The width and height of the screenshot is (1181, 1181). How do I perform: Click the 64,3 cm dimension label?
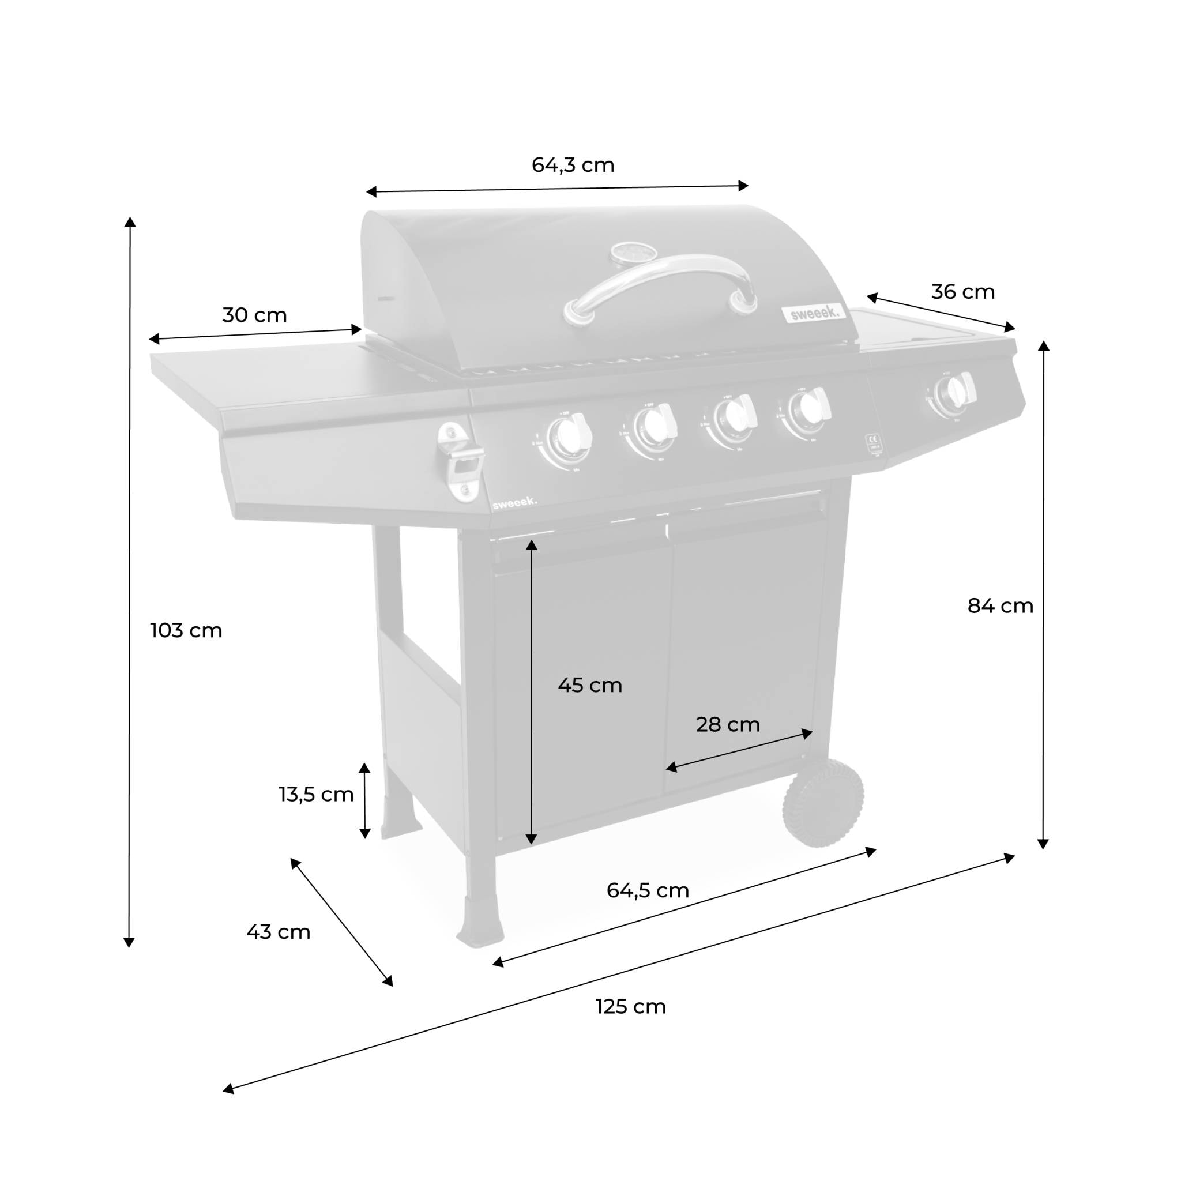pos(573,165)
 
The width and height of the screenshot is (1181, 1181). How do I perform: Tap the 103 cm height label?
pos(186,630)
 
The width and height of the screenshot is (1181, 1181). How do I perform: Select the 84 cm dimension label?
pos(1000,606)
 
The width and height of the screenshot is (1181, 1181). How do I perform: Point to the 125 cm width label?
pos(631,1006)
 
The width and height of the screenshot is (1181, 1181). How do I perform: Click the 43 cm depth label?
pos(278,932)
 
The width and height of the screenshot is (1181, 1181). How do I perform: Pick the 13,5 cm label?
pos(316,794)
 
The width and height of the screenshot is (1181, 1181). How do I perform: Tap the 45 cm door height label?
pos(590,685)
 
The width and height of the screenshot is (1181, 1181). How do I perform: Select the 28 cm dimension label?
pos(727,724)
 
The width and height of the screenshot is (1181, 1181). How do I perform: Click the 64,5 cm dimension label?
pos(648,890)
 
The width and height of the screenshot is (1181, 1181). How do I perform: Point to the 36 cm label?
pos(963,292)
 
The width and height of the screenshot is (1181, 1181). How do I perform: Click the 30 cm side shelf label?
pos(254,315)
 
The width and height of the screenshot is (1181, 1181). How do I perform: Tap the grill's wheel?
pos(823,803)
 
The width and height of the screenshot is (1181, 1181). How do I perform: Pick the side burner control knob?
pos(954,390)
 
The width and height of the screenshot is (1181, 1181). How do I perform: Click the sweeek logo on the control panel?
pos(515,503)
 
